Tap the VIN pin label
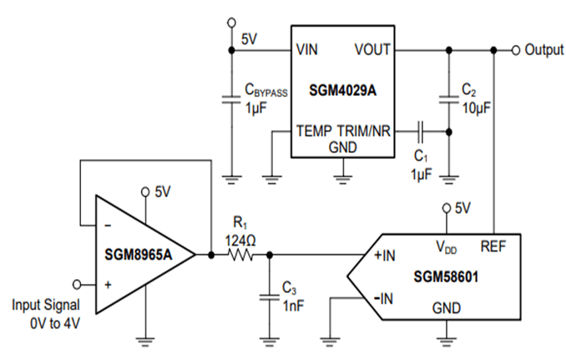pyautogui.click(x=306, y=49)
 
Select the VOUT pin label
pyautogui.click(x=372, y=49)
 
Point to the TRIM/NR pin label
pyautogui.click(x=365, y=131)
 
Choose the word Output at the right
pyautogui.click(x=544, y=50)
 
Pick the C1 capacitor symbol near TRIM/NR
pyautogui.click(x=421, y=130)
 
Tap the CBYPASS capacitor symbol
pyautogui.click(x=231, y=101)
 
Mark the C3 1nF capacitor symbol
pyautogui.click(x=269, y=294)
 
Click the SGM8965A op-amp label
pyautogui.click(x=139, y=254)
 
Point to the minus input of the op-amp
pyautogui.click(x=107, y=225)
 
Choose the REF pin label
pyautogui.click(x=493, y=246)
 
